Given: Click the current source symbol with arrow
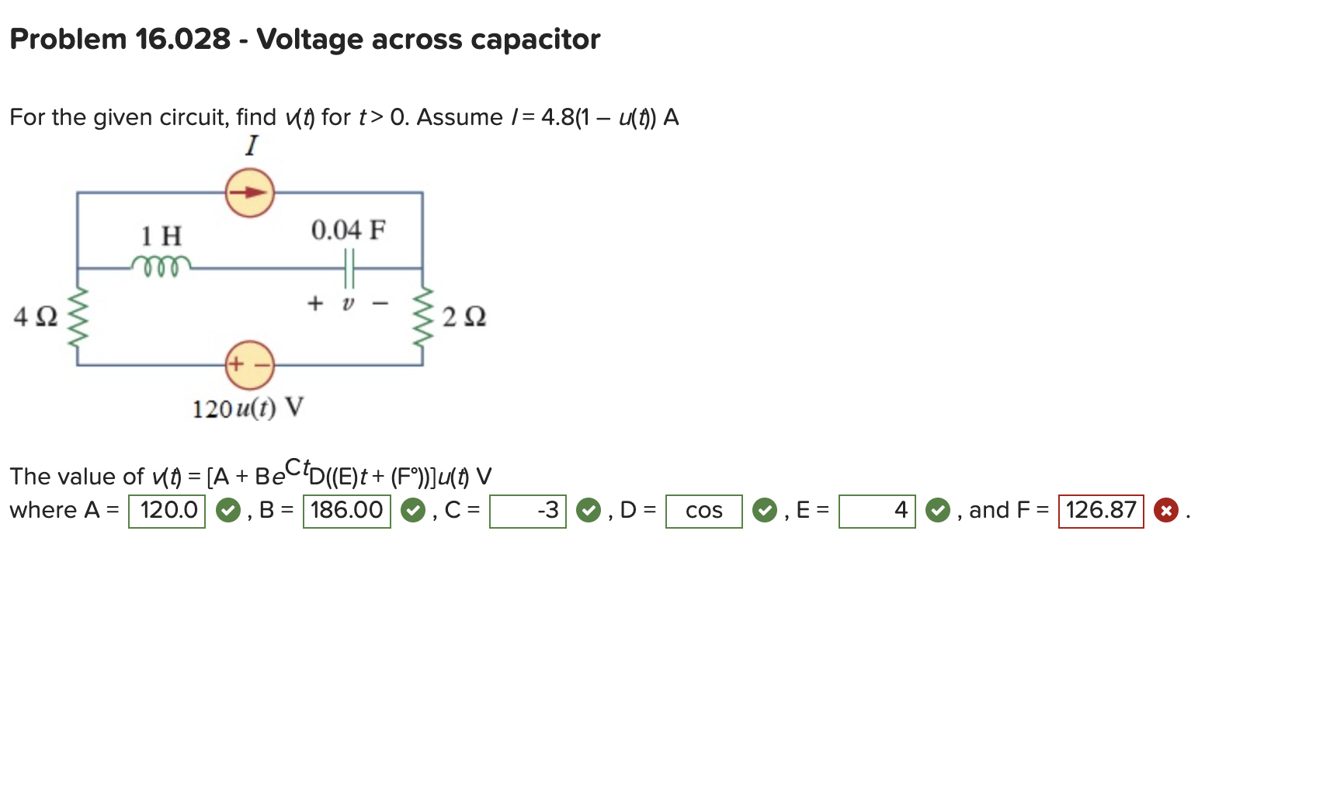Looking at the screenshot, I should tap(249, 193).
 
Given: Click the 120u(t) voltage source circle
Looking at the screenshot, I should tap(249, 364).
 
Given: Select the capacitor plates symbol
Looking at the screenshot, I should tap(349, 268).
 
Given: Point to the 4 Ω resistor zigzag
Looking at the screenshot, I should tap(77, 316).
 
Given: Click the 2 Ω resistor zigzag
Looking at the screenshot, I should tap(423, 316).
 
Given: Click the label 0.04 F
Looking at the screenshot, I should tap(348, 231).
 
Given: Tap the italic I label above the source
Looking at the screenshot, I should tap(251, 145).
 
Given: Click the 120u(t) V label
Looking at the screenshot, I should tap(248, 408).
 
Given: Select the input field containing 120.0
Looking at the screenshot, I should tap(167, 511).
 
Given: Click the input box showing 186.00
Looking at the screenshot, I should tap(346, 511).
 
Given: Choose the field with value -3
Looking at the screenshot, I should tap(528, 511).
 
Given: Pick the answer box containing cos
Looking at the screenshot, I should tap(703, 511).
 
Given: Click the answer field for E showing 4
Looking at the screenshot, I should tap(877, 511).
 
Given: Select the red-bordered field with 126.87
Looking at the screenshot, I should tap(1100, 511).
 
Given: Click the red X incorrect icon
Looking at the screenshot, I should tap(1165, 511).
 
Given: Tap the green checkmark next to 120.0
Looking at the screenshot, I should tap(227, 511).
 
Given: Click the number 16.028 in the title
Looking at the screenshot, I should tap(182, 39).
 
